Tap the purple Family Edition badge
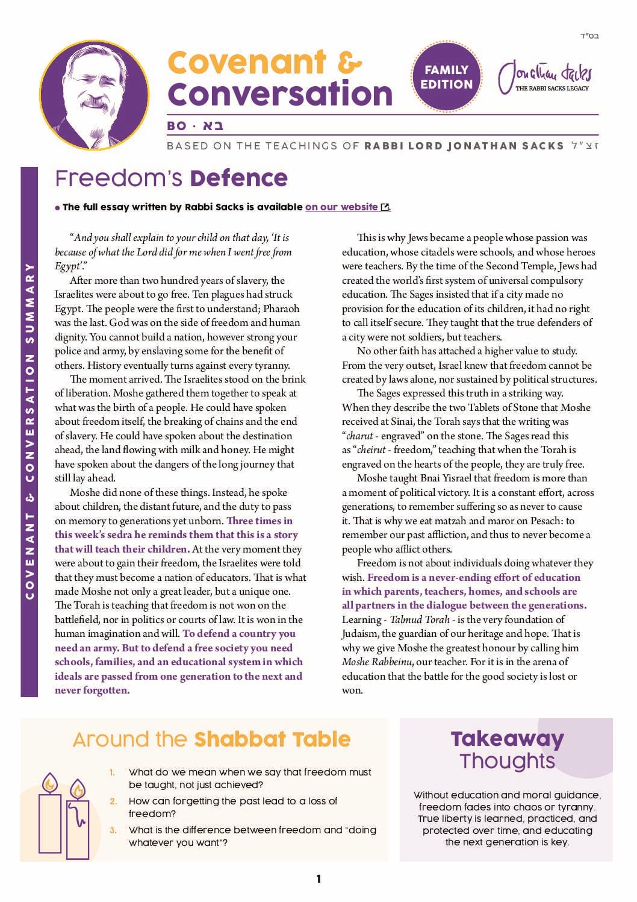tap(446, 77)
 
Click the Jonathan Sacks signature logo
tap(545, 78)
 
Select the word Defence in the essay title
tap(238, 178)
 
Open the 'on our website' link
tap(341, 207)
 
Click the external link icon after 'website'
tap(385, 207)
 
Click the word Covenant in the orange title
tap(247, 62)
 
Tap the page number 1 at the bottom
tap(318, 879)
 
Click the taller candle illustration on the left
tap(49, 813)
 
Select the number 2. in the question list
tap(113, 801)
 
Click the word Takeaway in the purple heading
tap(507, 739)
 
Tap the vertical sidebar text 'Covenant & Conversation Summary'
tap(30, 431)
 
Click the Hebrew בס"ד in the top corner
tap(589, 36)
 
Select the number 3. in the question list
tap(113, 830)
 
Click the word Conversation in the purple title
tap(280, 94)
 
